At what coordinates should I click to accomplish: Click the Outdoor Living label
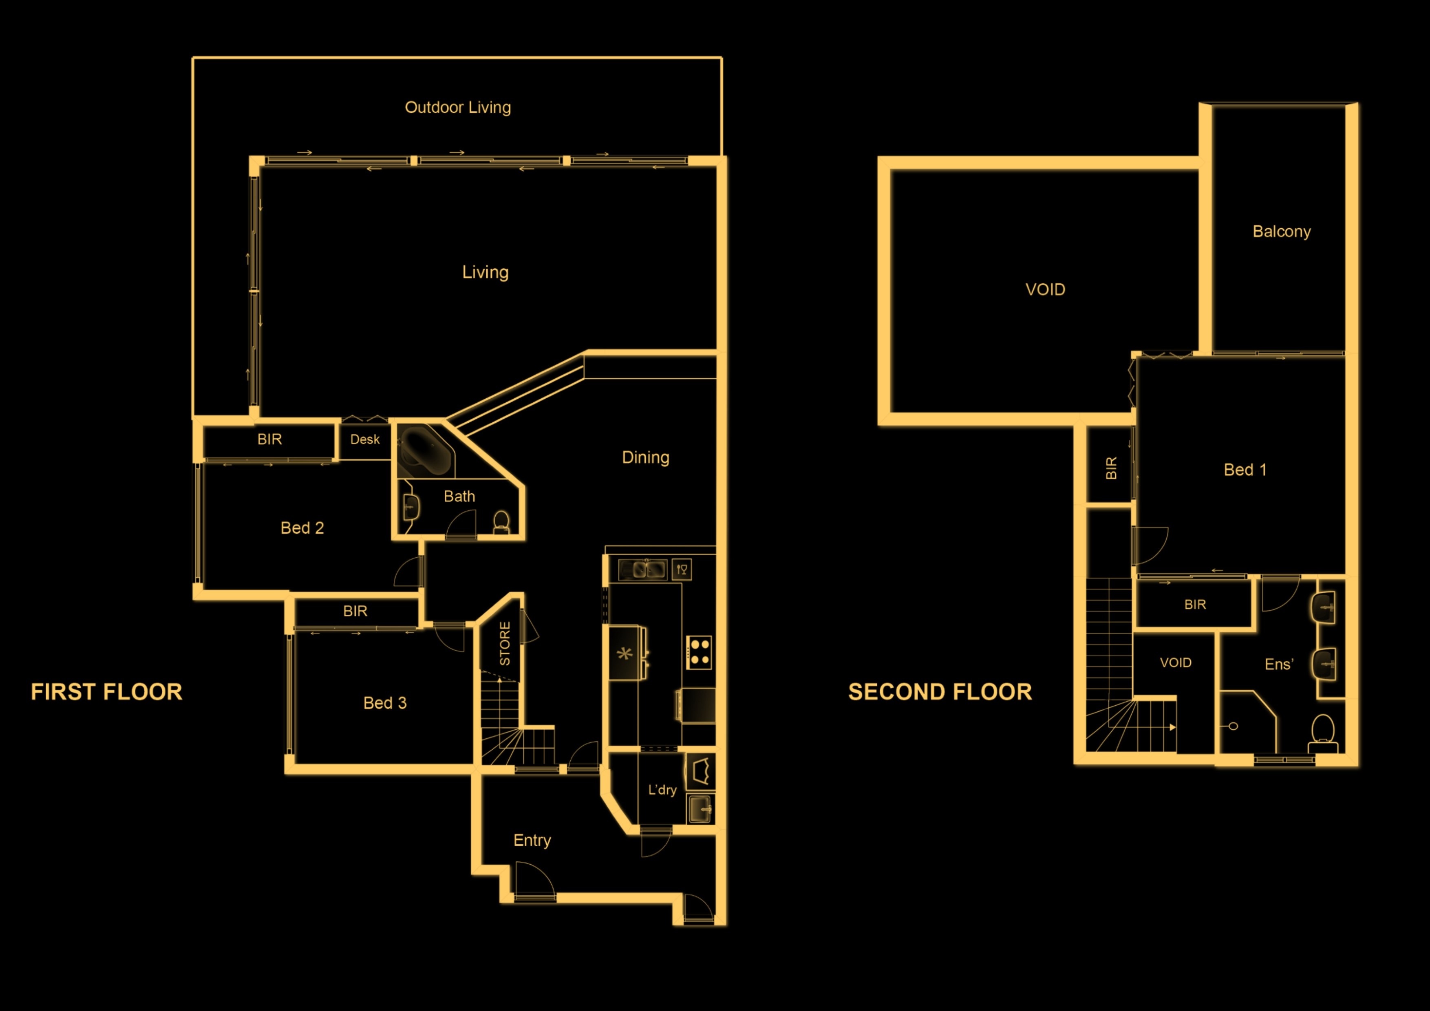(x=458, y=107)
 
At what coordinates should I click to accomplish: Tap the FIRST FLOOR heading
(x=106, y=691)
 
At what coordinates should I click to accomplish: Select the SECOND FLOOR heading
(x=940, y=691)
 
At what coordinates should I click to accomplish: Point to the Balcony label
(x=1282, y=231)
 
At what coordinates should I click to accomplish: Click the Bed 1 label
(x=1245, y=470)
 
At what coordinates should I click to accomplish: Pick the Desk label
(x=365, y=439)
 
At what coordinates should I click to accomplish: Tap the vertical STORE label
(x=505, y=643)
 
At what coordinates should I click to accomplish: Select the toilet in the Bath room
(x=501, y=522)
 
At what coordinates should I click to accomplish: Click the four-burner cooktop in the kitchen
(x=699, y=652)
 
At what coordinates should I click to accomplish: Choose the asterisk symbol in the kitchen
(x=624, y=654)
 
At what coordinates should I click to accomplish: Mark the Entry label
(x=532, y=840)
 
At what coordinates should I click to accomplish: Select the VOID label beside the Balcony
(x=1045, y=289)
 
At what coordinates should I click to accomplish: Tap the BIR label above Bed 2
(x=270, y=439)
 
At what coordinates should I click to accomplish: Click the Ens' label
(x=1279, y=664)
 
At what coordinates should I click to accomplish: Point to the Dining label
(x=646, y=457)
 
